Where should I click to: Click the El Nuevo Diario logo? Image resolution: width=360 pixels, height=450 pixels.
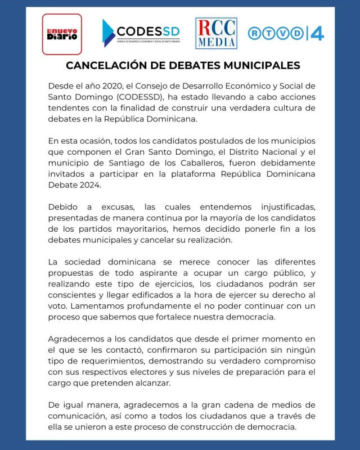pyautogui.click(x=62, y=34)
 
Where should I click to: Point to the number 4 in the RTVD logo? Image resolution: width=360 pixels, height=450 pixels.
pyautogui.click(x=317, y=33)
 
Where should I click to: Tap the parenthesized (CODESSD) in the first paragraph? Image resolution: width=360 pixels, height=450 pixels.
pyautogui.click(x=124, y=97)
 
